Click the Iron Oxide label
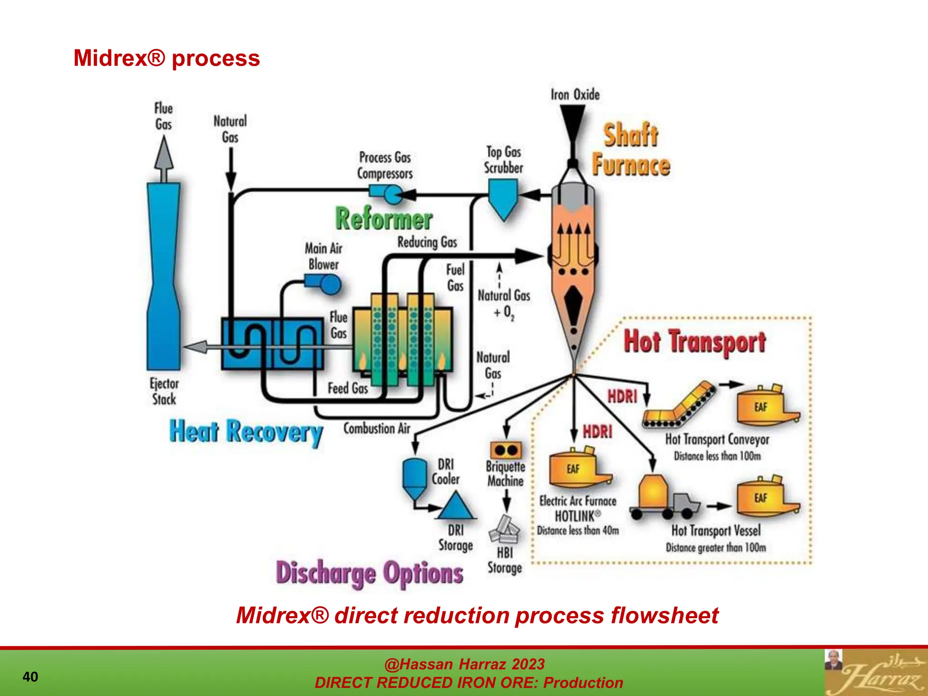pos(575,95)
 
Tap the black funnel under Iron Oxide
pos(573,122)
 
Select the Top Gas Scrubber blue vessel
pos(503,198)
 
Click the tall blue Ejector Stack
pos(164,276)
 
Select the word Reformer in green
pos(383,219)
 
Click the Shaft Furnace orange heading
pos(630,150)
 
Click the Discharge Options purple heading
pos(369,573)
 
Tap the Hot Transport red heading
pos(694,342)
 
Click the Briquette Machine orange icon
pos(506,450)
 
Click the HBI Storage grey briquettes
pos(504,530)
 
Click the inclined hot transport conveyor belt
pos(680,406)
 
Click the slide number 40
pos(30,677)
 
